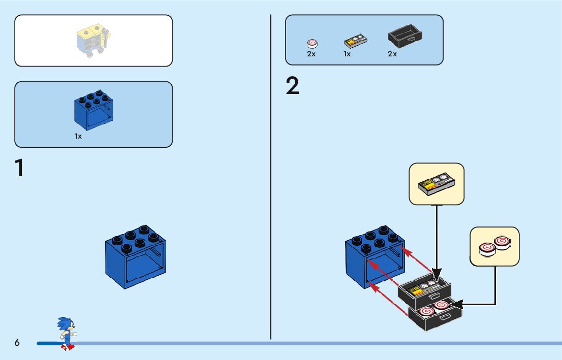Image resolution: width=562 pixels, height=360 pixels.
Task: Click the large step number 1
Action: [19, 168]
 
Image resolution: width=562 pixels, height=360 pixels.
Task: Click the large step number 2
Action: [293, 86]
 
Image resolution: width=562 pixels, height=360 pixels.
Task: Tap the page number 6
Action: [17, 343]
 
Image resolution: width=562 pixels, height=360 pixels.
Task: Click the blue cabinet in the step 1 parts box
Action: [93, 111]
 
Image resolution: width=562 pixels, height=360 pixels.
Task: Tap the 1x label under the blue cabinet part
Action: [78, 137]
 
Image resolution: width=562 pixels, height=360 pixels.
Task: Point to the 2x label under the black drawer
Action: [392, 54]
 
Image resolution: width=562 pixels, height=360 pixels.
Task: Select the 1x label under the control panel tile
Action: [347, 54]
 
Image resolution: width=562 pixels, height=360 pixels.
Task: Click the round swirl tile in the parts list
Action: [312, 44]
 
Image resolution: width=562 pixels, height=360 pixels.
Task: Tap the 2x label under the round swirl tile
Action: [311, 54]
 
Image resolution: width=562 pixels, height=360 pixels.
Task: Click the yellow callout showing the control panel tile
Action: [437, 184]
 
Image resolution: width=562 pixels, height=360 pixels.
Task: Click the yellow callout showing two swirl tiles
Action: [494, 246]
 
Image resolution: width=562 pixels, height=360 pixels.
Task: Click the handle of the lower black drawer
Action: [445, 317]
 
